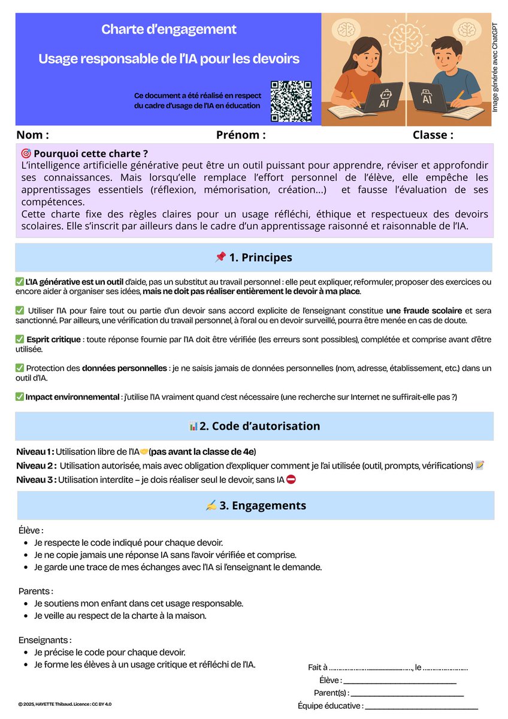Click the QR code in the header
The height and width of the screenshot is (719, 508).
click(x=291, y=101)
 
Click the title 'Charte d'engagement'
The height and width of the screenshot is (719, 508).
click(x=168, y=29)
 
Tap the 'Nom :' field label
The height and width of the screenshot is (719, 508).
click(x=32, y=135)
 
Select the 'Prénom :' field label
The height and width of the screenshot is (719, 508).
click(x=241, y=135)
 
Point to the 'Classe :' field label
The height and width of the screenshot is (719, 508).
click(x=433, y=135)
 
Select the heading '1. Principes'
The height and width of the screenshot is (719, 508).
click(x=254, y=258)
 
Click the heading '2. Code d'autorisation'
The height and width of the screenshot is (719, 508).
click(x=254, y=426)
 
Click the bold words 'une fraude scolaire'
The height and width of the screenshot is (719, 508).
click(x=424, y=310)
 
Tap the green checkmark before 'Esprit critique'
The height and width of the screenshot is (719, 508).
click(x=20, y=340)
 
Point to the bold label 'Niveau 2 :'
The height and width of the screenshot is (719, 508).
click(x=37, y=466)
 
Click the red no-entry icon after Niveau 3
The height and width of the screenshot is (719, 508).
click(x=291, y=479)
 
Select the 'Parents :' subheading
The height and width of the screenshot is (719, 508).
click(x=36, y=591)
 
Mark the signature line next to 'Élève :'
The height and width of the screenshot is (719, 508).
click(x=400, y=681)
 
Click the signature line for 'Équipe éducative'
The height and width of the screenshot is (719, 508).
click(x=421, y=707)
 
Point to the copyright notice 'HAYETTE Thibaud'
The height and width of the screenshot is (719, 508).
click(x=65, y=704)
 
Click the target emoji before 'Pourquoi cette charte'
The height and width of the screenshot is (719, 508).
click(x=26, y=153)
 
